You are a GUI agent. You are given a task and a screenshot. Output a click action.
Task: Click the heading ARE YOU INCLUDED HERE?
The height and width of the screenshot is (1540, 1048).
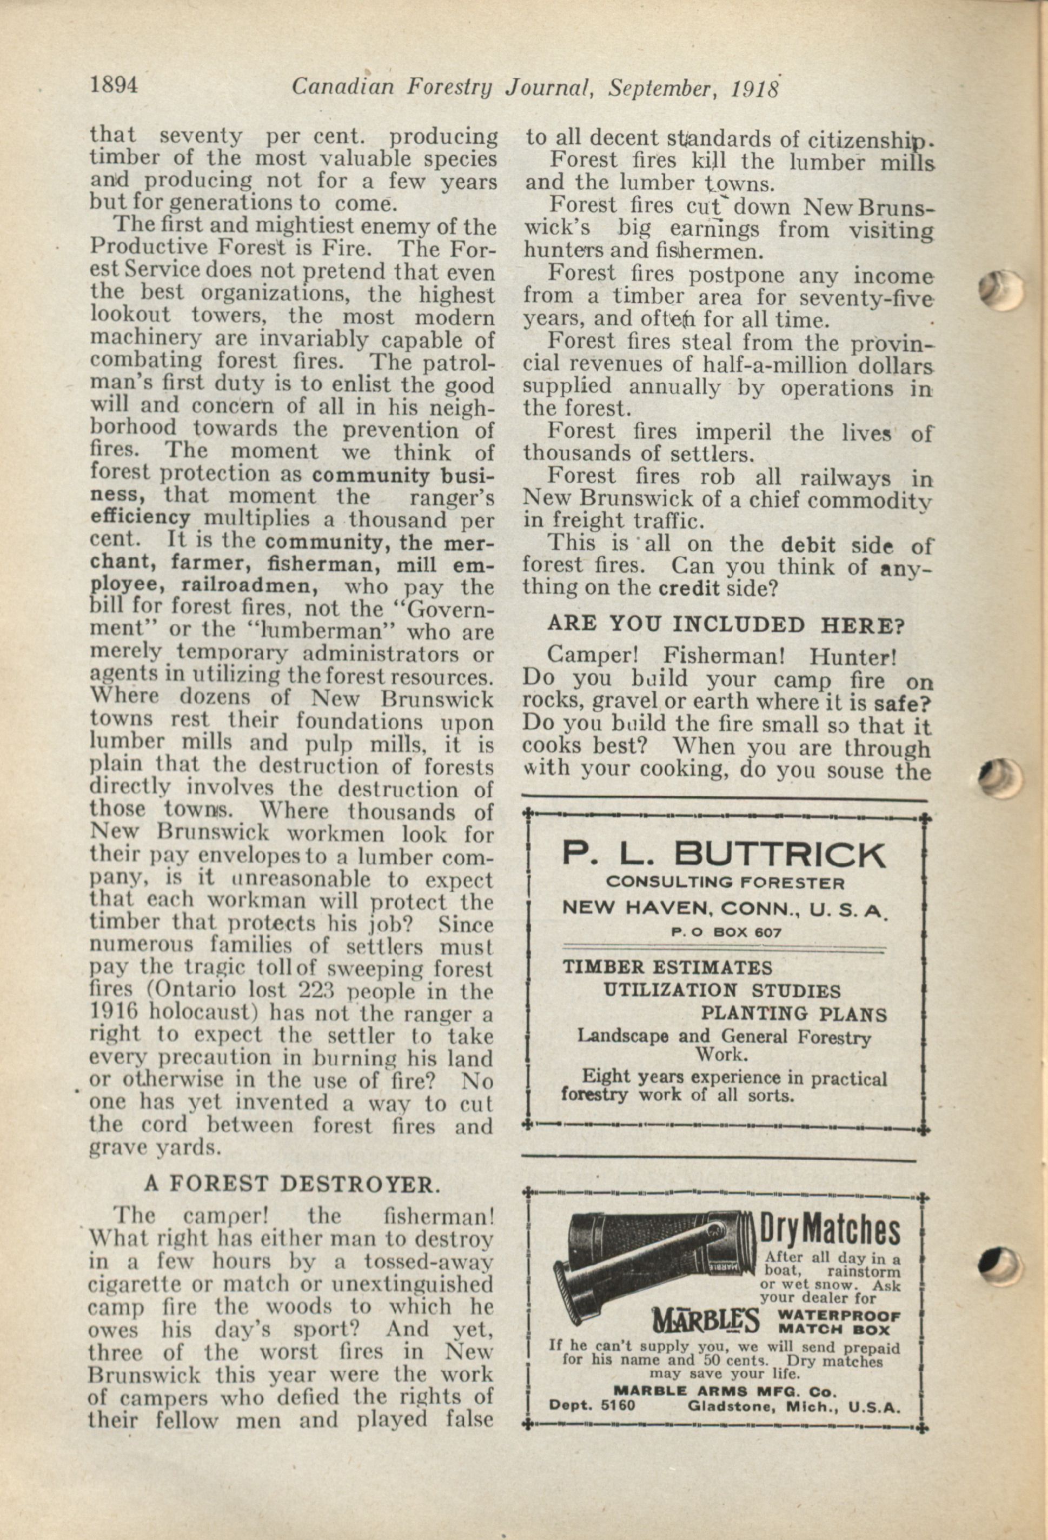pyautogui.click(x=726, y=624)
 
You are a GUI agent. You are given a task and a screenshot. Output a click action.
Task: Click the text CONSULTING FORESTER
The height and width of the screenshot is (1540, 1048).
pyautogui.click(x=725, y=883)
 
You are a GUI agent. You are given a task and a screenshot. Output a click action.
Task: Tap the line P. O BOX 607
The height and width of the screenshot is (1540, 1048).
pyautogui.click(x=725, y=932)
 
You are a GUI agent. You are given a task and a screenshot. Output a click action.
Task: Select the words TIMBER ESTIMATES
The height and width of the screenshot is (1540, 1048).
pyautogui.click(x=667, y=968)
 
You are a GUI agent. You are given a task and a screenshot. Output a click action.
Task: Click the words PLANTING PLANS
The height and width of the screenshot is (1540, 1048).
pyautogui.click(x=793, y=1014)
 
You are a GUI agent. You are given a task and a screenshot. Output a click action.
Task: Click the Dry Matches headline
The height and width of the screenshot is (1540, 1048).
pyautogui.click(x=828, y=1231)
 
